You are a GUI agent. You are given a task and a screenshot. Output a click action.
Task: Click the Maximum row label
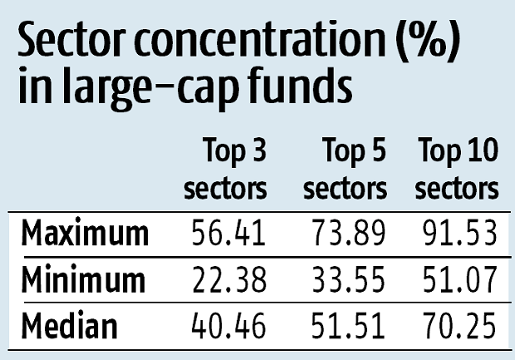tap(85, 234)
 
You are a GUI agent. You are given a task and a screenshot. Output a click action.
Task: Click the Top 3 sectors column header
tap(225, 171)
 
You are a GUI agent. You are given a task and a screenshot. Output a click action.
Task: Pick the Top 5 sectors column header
tap(345, 171)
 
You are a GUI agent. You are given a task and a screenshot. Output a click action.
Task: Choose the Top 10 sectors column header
tap(457, 171)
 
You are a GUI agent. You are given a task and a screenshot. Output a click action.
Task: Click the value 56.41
tap(225, 234)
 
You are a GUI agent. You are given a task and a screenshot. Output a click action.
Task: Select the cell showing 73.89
tap(346, 234)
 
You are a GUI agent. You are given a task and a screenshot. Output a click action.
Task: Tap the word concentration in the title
tap(249, 42)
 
